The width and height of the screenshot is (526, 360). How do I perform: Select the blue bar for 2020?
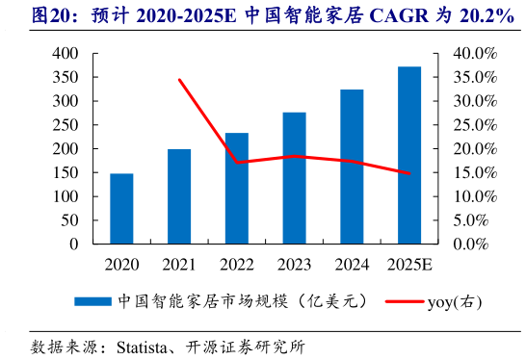(121, 209)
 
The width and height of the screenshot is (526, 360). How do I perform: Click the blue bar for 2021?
(179, 196)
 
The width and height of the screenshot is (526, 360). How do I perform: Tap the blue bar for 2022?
(237, 189)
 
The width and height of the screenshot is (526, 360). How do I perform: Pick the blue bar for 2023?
(294, 178)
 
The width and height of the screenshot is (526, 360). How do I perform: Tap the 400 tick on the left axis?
(66, 54)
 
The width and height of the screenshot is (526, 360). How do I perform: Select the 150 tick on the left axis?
(66, 173)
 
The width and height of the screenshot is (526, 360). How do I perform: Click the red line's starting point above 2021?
(179, 80)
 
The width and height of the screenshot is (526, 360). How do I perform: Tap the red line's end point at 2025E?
(409, 173)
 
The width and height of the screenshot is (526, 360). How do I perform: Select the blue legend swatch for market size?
(93, 301)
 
